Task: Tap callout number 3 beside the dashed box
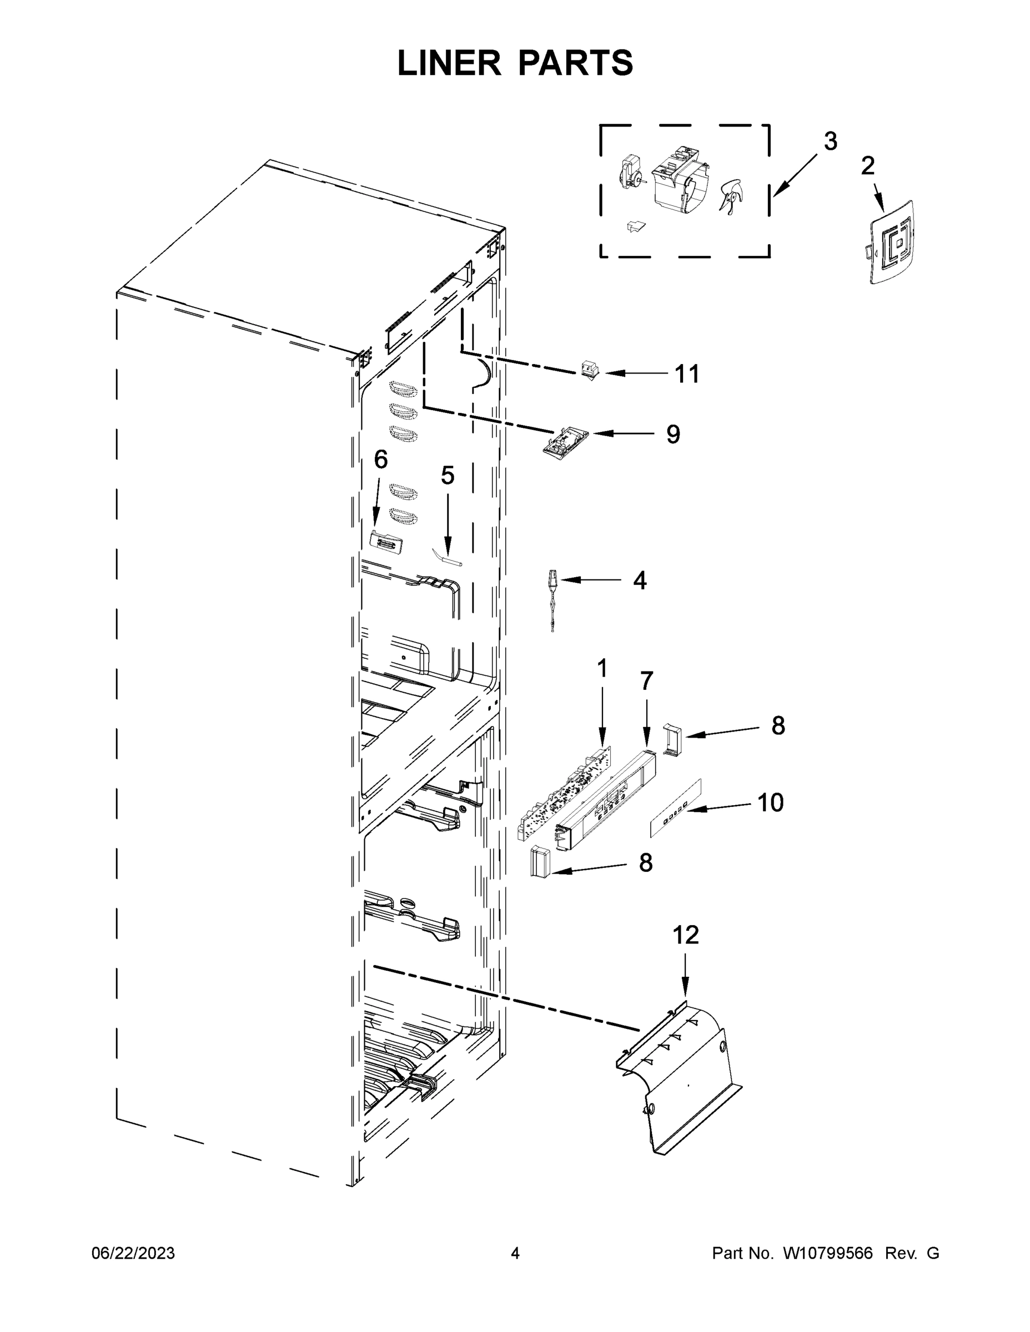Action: [830, 142]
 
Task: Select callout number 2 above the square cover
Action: [867, 166]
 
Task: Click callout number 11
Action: [686, 374]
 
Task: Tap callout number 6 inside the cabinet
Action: [380, 459]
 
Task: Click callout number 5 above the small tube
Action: [448, 476]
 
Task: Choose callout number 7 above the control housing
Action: [646, 680]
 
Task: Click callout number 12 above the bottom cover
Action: [685, 935]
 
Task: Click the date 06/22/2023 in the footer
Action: [133, 1254]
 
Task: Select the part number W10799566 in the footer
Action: [827, 1254]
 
